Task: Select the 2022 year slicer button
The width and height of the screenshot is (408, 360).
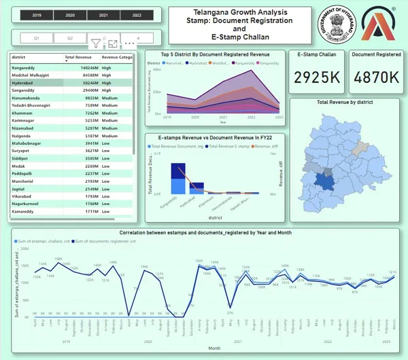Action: pyautogui.click(x=137, y=14)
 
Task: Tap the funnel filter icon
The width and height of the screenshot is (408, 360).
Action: pyautogui.click(x=95, y=43)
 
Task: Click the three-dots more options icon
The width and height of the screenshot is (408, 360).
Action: pyautogui.click(x=129, y=43)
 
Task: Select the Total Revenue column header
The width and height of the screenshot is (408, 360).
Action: pyautogui.click(x=78, y=58)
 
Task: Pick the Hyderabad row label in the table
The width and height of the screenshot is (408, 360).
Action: pyautogui.click(x=24, y=82)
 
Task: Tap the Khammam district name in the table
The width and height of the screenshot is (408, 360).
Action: pyautogui.click(x=23, y=112)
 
